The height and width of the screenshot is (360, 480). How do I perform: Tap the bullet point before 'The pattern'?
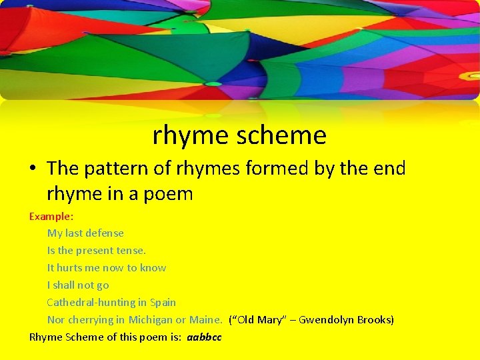[x=33, y=169]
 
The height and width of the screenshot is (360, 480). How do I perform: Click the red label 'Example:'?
[x=51, y=216]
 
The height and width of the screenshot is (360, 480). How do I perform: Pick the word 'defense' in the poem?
[x=104, y=233]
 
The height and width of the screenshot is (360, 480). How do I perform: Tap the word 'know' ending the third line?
[x=153, y=267]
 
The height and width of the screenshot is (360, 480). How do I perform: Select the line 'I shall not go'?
[x=78, y=285]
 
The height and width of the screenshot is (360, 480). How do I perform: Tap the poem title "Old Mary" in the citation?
[x=259, y=319]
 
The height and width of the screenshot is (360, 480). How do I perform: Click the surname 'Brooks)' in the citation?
[x=375, y=319]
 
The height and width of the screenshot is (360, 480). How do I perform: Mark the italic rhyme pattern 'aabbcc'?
[x=204, y=337]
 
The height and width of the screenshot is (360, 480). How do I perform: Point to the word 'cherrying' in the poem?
[x=91, y=319]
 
